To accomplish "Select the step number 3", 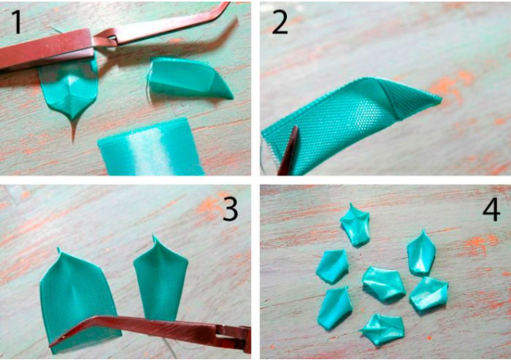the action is [230, 209].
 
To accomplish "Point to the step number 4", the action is [491, 209].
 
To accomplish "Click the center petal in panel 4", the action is [384, 283].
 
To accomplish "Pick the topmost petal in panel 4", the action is [355, 224].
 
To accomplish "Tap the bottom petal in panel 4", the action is [382, 329].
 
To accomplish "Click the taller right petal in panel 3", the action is [161, 280].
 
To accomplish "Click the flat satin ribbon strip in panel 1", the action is [151, 147].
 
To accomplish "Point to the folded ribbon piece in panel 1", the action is [189, 78].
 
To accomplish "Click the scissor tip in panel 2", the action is [295, 128].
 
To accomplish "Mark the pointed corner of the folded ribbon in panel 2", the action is [440, 98].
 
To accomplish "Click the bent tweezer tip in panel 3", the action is [52, 344].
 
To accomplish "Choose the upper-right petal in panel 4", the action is [421, 252].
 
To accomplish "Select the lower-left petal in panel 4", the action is [335, 308].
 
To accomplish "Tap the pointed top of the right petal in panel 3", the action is [154, 236].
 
